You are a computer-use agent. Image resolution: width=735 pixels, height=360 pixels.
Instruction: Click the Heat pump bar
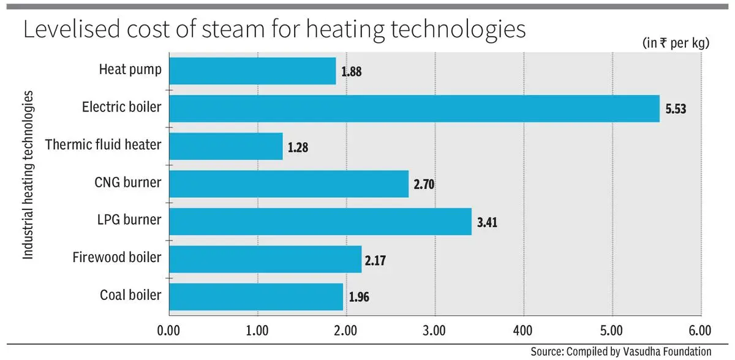[252, 71]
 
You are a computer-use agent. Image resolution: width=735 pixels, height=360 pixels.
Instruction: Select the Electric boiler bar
[413, 108]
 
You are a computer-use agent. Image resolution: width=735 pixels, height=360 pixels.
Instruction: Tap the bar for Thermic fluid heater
[225, 146]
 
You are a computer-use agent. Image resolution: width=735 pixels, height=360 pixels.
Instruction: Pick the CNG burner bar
[288, 184]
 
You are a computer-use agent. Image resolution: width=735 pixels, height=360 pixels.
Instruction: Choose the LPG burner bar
[320, 221]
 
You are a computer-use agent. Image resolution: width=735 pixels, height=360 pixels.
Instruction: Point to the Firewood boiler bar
[265, 259]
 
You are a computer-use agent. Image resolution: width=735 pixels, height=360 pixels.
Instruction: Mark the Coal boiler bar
[255, 296]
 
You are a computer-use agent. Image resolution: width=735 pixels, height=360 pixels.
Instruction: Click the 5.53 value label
[677, 110]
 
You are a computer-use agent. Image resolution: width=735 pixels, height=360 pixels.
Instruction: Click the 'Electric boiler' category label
[122, 108]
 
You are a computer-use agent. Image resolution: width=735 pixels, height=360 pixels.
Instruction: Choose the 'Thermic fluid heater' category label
[104, 146]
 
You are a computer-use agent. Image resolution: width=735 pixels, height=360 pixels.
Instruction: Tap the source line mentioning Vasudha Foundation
[620, 351]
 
